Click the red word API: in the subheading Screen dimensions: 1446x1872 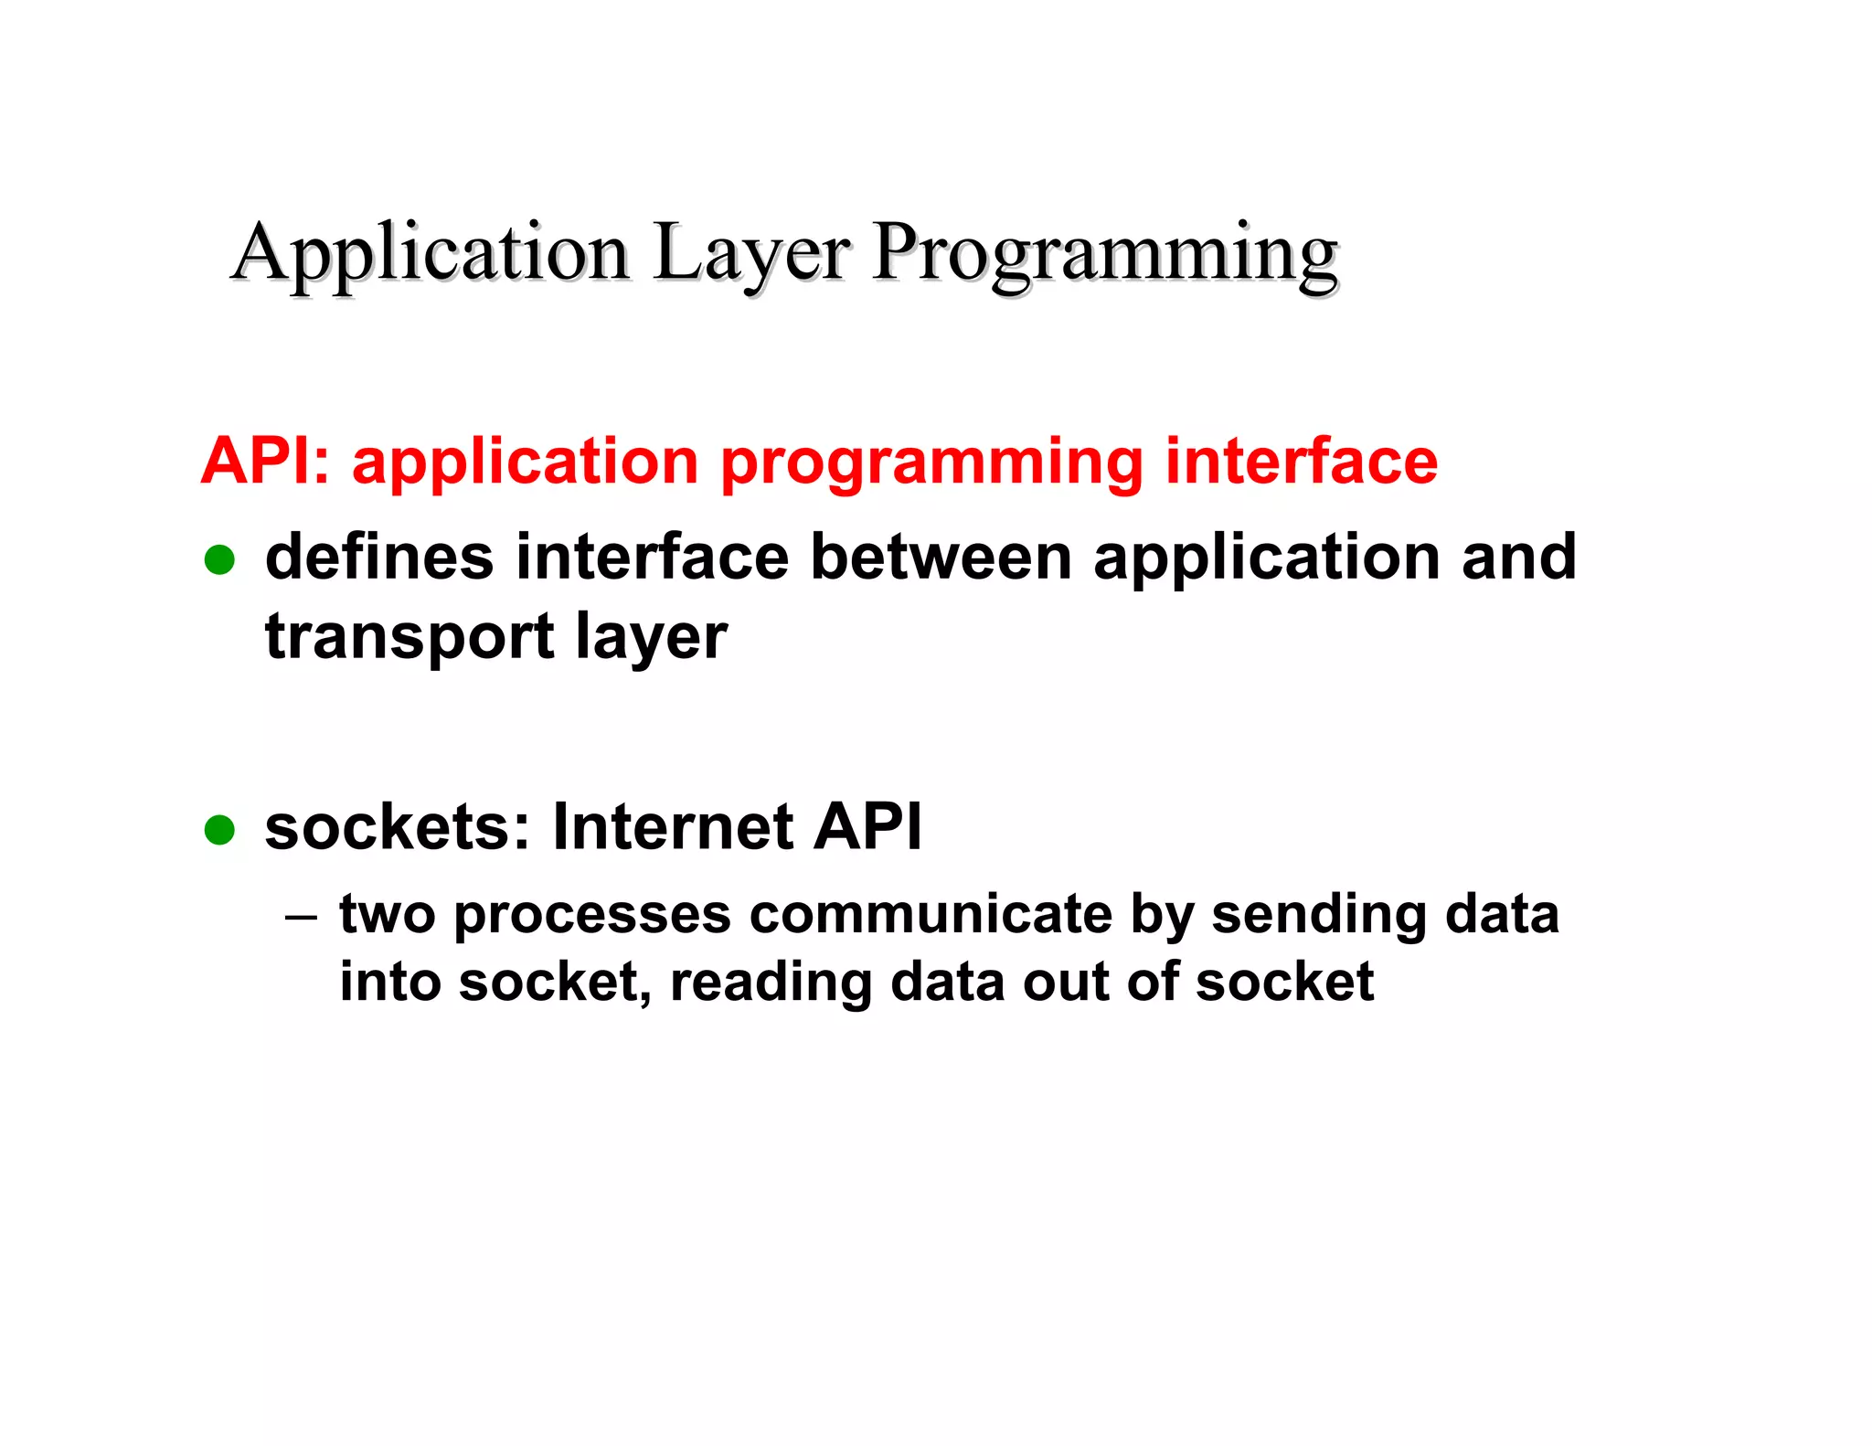pos(265,461)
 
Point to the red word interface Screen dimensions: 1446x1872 pos(1301,461)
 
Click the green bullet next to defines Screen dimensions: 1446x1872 pos(219,559)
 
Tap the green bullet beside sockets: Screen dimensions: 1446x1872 pos(219,830)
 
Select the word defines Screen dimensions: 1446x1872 pos(379,557)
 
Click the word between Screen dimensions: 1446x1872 pos(941,557)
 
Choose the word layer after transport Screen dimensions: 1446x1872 pos(652,638)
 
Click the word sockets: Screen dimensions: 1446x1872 pos(398,827)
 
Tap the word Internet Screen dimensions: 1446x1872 pos(673,827)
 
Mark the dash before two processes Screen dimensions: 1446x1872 pos(301,915)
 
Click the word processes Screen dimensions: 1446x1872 pos(592,916)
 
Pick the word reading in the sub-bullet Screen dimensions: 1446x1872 pos(770,983)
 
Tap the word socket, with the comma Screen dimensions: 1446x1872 pos(555,983)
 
